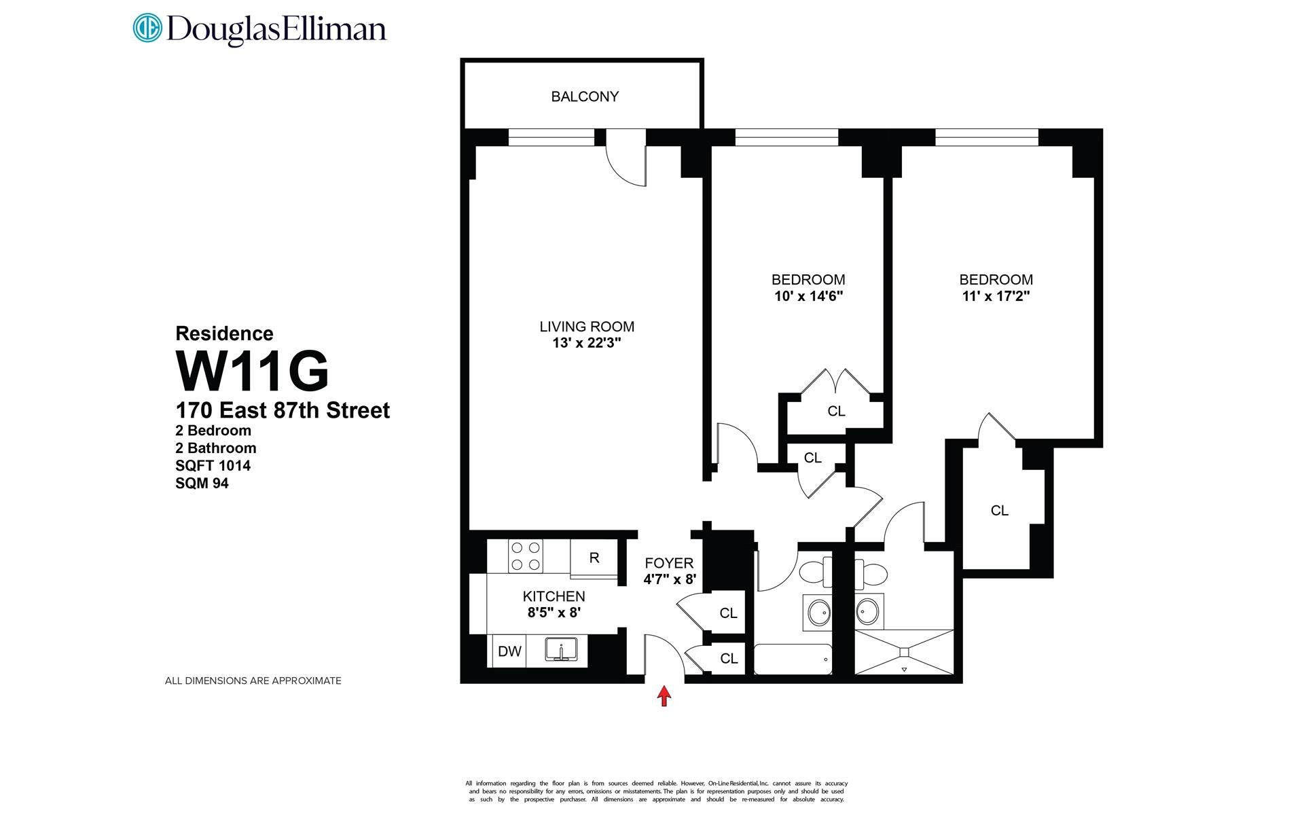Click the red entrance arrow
click(x=664, y=695)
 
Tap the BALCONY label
click(x=585, y=96)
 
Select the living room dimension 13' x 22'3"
click(x=587, y=344)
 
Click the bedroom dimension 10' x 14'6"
click(x=808, y=296)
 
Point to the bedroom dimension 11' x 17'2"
click(x=996, y=296)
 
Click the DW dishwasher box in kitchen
click(x=509, y=651)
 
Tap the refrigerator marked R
click(x=594, y=558)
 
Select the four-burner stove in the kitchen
click(x=526, y=556)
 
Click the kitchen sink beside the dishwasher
click(x=562, y=650)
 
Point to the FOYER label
click(x=669, y=563)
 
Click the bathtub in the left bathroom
click(x=793, y=659)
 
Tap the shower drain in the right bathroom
click(x=904, y=652)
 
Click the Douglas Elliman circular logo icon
click(x=147, y=29)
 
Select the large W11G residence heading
click(x=253, y=371)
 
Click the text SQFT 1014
click(x=213, y=466)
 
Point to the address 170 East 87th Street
click(x=283, y=411)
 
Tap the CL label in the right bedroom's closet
click(x=999, y=511)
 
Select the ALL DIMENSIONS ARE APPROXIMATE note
click(x=253, y=681)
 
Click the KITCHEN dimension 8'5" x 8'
click(x=554, y=612)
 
